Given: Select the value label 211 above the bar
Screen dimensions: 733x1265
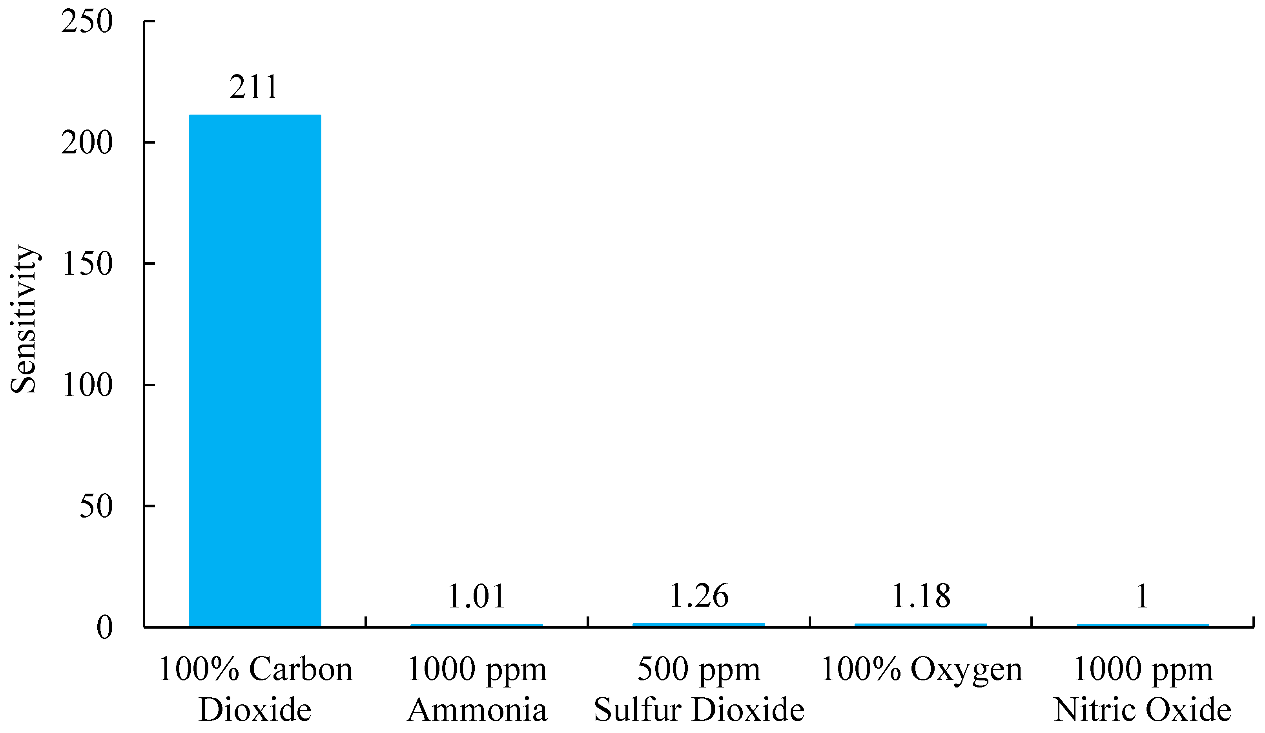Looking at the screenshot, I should (x=253, y=88).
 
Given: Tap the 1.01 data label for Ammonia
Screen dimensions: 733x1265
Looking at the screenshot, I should (x=476, y=596).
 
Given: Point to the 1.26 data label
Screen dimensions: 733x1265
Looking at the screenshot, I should (x=699, y=596).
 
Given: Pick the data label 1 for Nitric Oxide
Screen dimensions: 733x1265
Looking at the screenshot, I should (x=1143, y=596).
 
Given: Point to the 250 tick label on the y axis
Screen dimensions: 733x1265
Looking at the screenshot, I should (x=87, y=23).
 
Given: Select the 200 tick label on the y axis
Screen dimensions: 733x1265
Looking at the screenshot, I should (x=87, y=144).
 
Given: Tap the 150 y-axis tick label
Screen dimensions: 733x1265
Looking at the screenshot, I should (x=87, y=264).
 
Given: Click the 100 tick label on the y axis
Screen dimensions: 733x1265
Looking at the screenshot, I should (x=87, y=386).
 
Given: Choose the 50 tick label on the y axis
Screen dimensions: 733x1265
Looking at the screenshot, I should (x=95, y=507).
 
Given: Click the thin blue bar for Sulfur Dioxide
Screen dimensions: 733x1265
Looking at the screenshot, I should (x=699, y=625).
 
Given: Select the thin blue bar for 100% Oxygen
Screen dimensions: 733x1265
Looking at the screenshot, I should (x=920, y=625).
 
